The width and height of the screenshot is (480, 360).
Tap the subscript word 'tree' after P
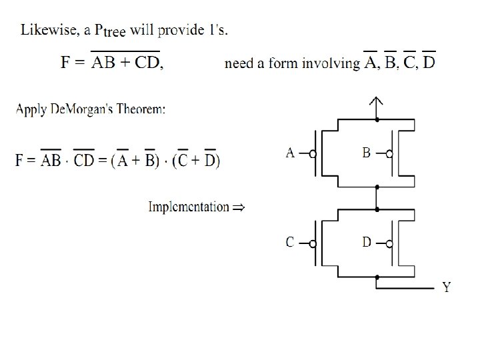tap(118, 35)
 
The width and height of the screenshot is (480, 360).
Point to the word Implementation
tap(188, 207)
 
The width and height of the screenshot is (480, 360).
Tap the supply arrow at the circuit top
tap(377, 104)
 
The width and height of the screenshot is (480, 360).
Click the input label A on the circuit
tap(290, 153)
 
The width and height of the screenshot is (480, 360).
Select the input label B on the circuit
tap(367, 153)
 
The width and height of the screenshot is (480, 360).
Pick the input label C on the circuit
tap(290, 243)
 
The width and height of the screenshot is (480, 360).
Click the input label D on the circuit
tap(367, 243)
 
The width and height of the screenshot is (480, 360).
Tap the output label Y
tap(447, 288)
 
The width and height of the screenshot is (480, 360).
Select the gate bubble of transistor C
tap(313, 243)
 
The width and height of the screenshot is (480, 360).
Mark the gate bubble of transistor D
tap(389, 243)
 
